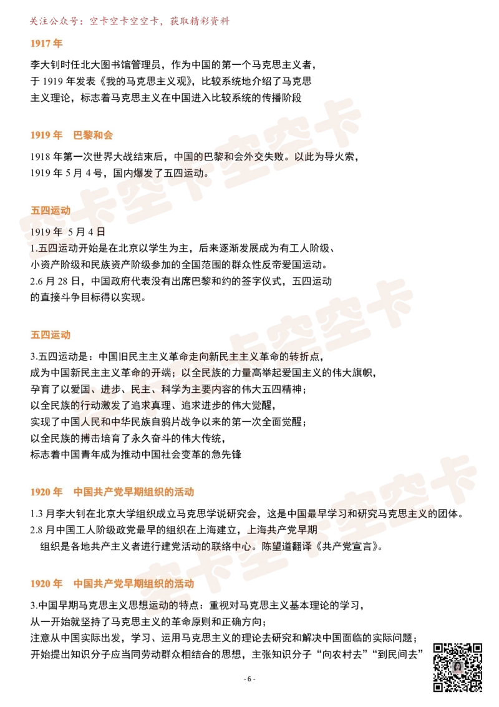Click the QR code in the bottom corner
[458, 667]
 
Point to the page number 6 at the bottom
[249, 679]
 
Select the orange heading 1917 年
[46, 43]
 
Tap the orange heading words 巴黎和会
[93, 135]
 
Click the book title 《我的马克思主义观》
[147, 81]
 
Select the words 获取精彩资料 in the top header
[200, 21]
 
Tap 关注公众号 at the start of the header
[54, 21]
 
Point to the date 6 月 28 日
[58, 281]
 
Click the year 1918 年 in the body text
[46, 157]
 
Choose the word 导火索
[339, 157]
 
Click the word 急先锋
[226, 454]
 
